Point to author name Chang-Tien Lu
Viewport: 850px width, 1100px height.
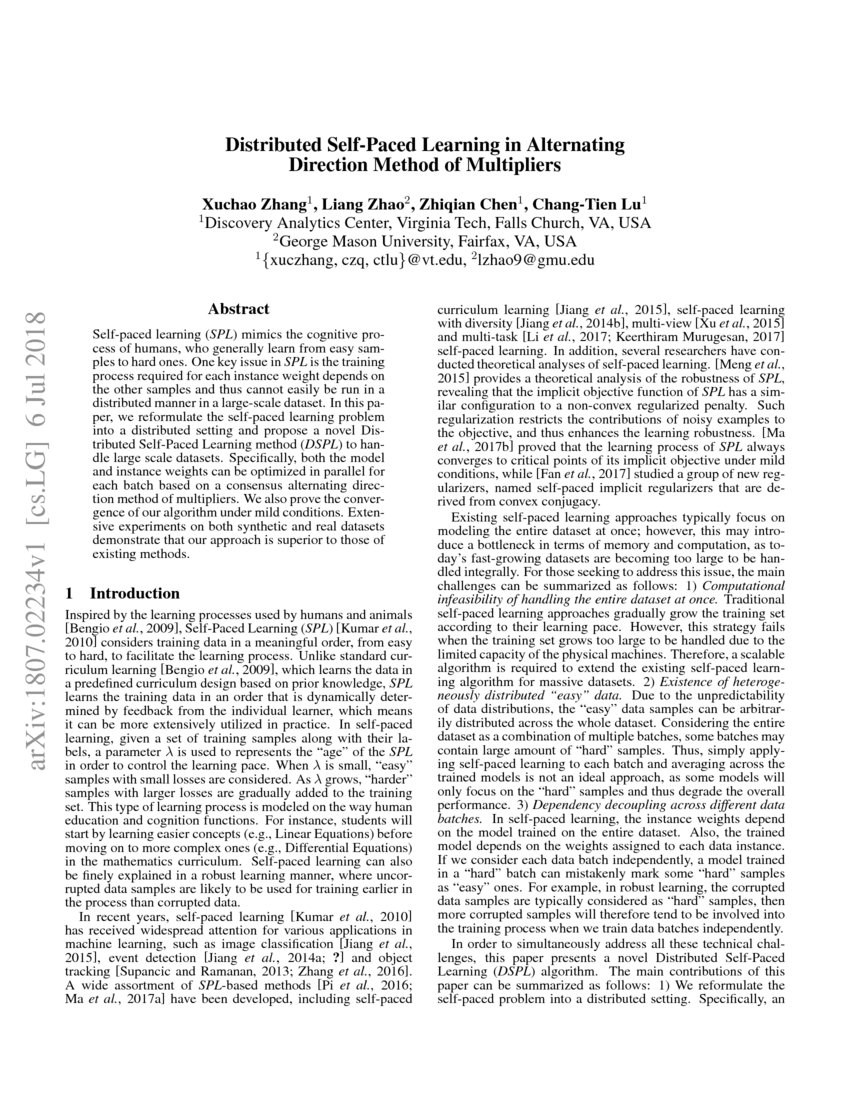pyautogui.click(x=590, y=202)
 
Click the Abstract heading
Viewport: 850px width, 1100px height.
pyautogui.click(x=237, y=309)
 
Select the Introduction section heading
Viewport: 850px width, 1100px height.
pyautogui.click(x=135, y=593)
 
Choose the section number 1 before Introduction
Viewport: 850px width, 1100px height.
pyautogui.click(x=69, y=593)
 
